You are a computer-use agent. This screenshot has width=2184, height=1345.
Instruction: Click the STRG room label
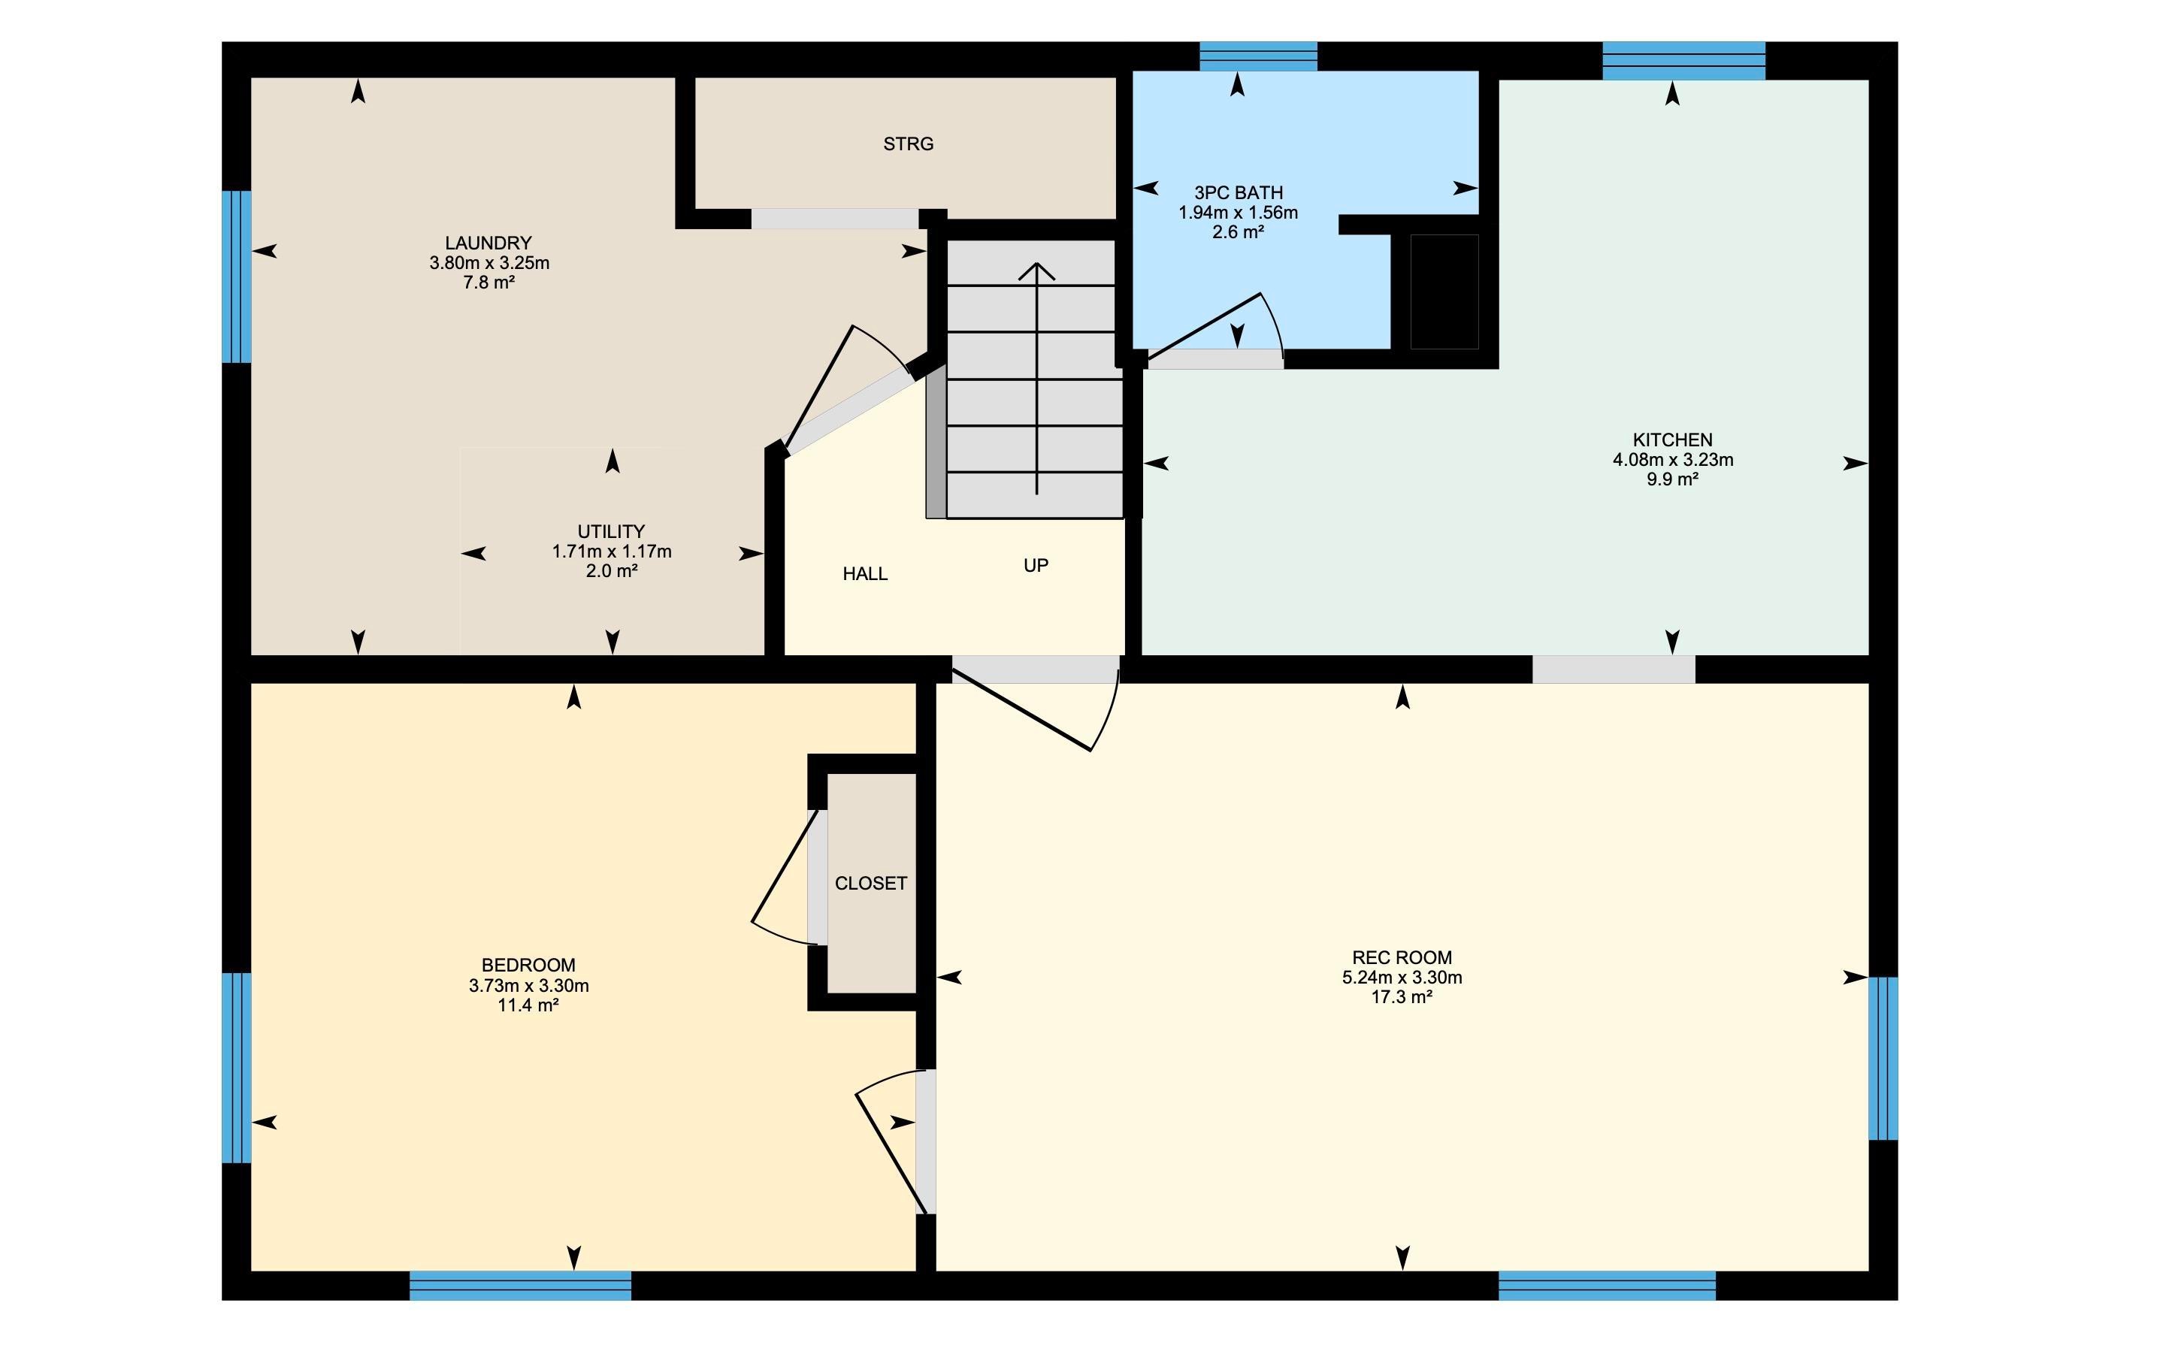[909, 144]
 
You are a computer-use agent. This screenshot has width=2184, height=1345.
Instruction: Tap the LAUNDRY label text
[489, 243]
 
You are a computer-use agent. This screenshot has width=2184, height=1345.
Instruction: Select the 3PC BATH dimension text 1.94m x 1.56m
[1239, 213]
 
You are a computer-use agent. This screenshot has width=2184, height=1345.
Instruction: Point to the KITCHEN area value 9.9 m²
[1672, 479]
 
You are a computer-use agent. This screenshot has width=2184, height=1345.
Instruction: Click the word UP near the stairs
[1036, 566]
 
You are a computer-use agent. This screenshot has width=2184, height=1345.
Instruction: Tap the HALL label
[866, 575]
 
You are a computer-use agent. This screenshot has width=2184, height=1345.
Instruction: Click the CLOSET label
[871, 884]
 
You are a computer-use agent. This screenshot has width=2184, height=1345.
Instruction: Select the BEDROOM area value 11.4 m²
[528, 1006]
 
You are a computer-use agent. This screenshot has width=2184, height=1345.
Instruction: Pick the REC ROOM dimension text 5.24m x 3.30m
[1402, 978]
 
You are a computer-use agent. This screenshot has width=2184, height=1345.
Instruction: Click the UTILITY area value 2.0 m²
[611, 571]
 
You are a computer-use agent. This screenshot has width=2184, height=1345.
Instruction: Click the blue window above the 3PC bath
[1258, 56]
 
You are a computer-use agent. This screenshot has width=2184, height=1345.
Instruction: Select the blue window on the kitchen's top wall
[1684, 61]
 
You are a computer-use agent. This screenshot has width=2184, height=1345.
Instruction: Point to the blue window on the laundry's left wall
[237, 277]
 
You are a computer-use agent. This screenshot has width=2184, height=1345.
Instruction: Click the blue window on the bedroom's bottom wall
[520, 1286]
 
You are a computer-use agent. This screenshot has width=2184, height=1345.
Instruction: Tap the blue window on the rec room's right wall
[1883, 1059]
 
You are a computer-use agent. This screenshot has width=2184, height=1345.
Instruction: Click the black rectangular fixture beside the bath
[1444, 292]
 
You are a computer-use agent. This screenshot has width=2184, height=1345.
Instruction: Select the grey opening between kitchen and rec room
[1614, 669]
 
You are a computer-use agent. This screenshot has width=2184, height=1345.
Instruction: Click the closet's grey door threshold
[818, 877]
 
